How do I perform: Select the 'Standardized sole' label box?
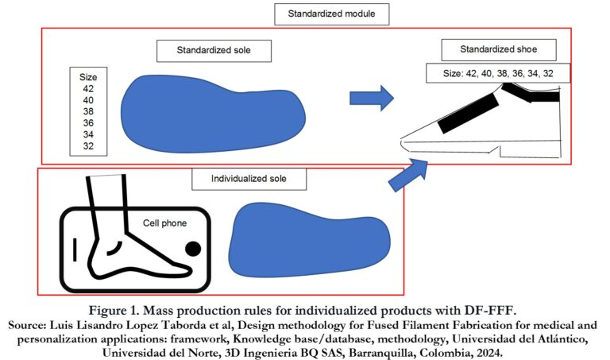(x=214, y=51)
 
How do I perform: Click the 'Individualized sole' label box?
(x=249, y=180)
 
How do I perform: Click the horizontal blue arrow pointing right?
(x=372, y=99)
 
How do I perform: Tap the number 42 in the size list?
(x=88, y=89)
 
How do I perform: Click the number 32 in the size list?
(x=88, y=146)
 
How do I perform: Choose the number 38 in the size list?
(x=88, y=112)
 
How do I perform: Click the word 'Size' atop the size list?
(x=88, y=78)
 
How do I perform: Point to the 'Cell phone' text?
(x=164, y=223)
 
